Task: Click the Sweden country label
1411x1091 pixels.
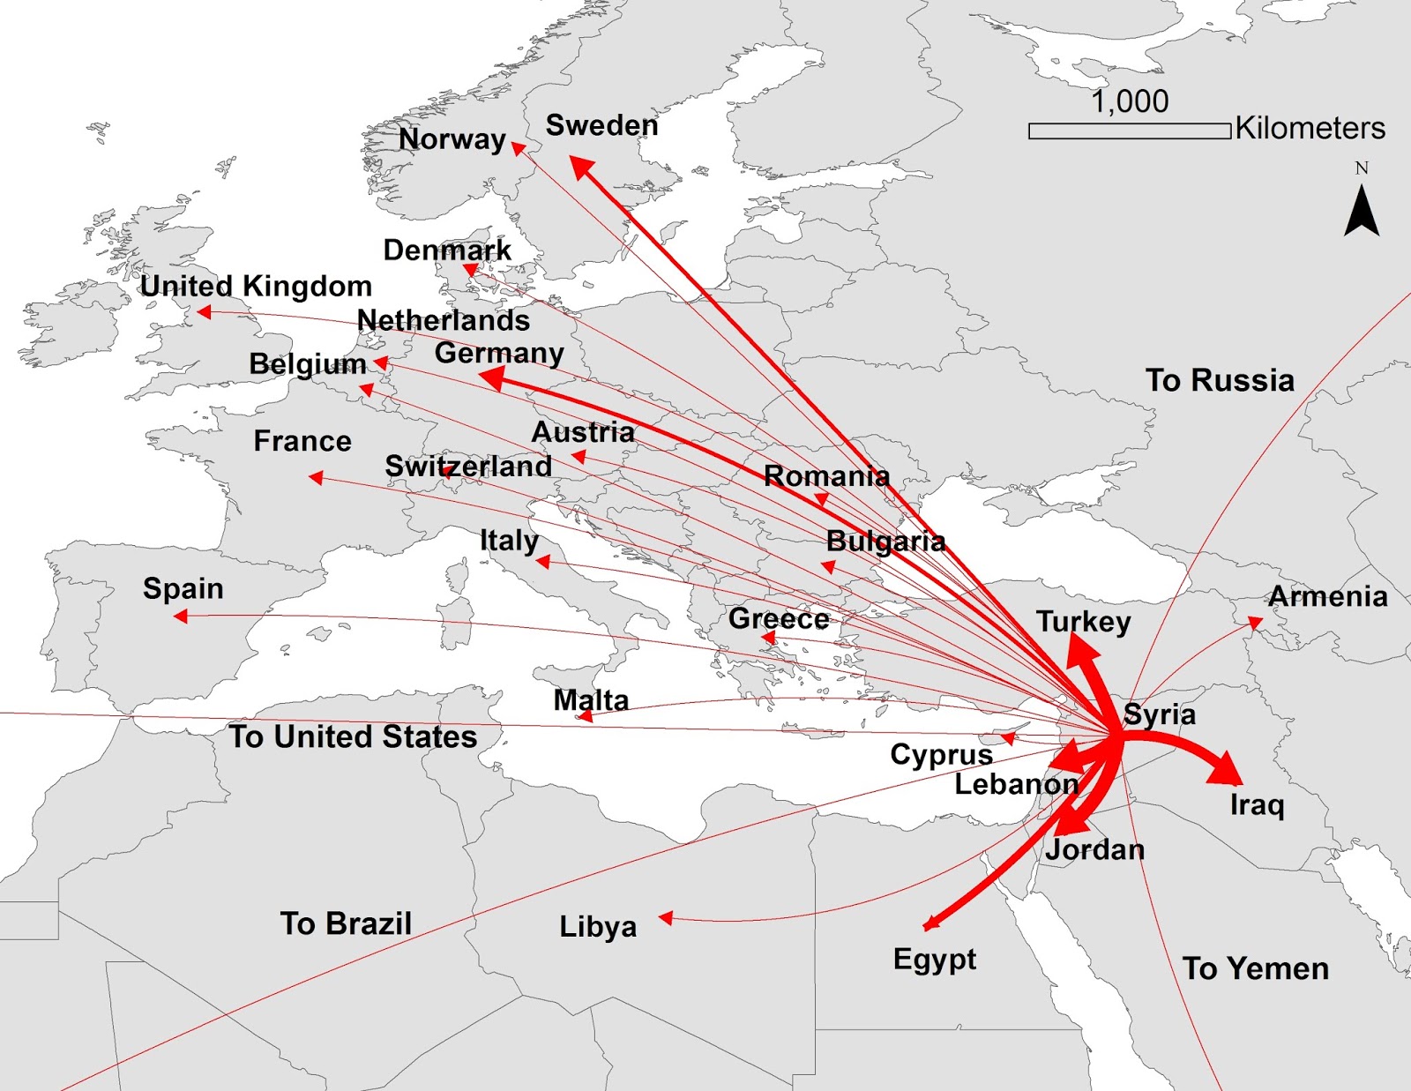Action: [601, 125]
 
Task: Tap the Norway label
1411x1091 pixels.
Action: [452, 139]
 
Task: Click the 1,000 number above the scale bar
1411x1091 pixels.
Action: [1130, 102]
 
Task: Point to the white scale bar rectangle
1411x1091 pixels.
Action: [1129, 131]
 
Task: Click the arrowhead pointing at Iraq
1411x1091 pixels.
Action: [1228, 771]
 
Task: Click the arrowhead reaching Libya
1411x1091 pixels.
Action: [667, 918]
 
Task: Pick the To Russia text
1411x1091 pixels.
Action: [1220, 380]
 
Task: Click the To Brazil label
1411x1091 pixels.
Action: [346, 923]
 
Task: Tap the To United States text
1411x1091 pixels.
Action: [353, 736]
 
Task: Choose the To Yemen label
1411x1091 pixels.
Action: [1255, 968]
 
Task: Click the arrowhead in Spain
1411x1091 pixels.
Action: [181, 616]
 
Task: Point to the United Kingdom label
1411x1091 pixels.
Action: [256, 286]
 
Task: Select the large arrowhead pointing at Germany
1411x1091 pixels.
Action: [491, 379]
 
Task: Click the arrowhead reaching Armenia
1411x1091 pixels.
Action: [1255, 623]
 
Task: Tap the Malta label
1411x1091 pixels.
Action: [591, 700]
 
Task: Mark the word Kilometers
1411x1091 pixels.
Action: [1310, 129]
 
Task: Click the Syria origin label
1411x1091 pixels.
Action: [1160, 714]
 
